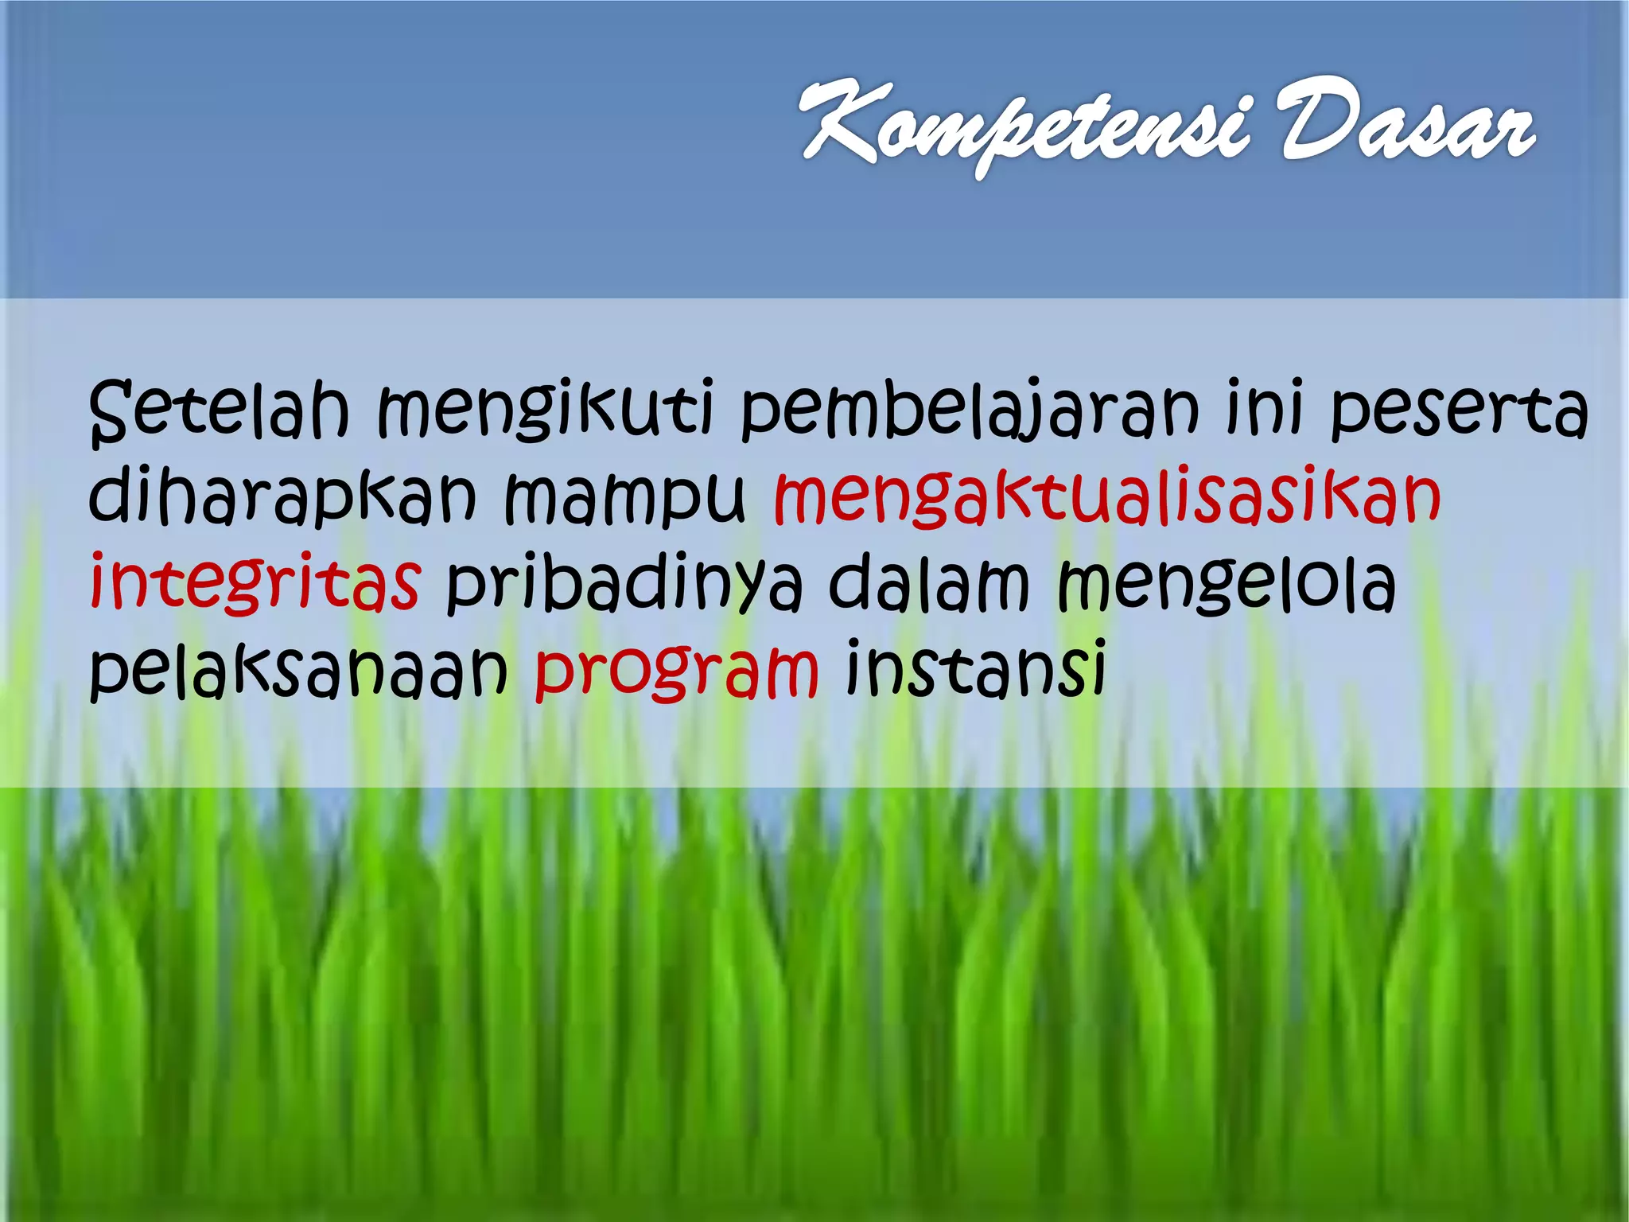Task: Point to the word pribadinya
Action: pyautogui.click(x=624, y=585)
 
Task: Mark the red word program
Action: pyautogui.click(x=676, y=673)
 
